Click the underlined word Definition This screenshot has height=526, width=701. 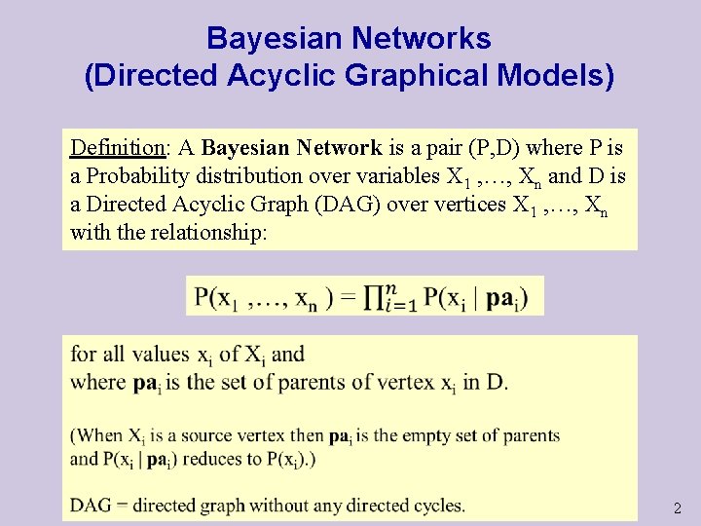pos(117,149)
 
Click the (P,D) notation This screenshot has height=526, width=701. pos(493,149)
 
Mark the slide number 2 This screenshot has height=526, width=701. pos(678,508)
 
